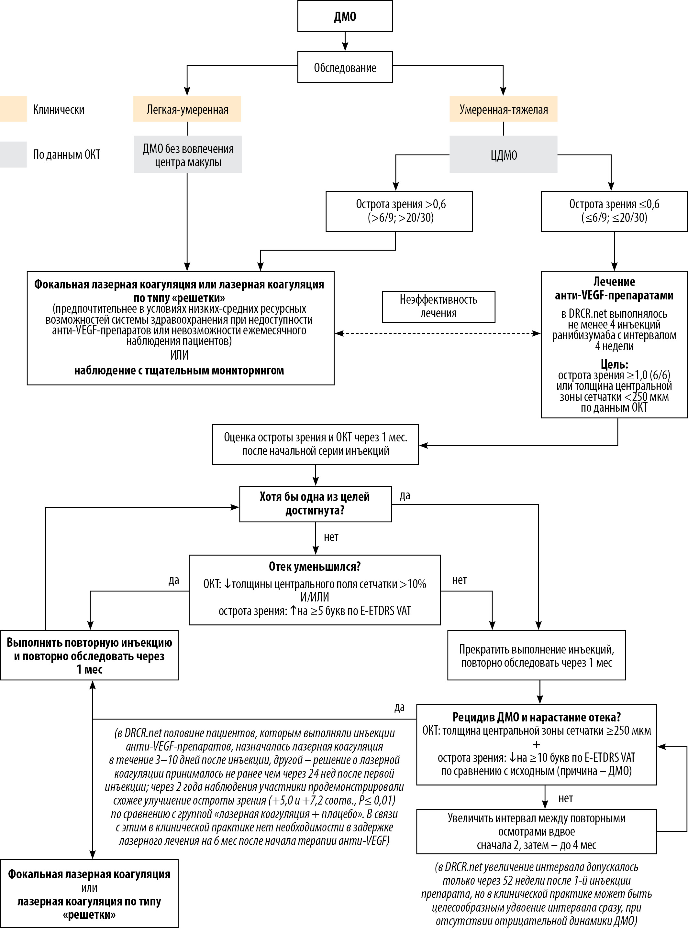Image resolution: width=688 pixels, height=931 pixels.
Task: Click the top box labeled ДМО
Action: tap(345, 16)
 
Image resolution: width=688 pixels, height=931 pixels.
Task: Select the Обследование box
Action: tap(345, 67)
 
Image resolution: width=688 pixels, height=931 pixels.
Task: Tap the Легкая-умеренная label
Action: tap(187, 109)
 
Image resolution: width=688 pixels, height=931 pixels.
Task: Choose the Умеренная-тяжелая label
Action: tap(503, 109)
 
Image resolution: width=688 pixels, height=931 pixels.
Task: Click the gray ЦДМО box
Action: tap(503, 155)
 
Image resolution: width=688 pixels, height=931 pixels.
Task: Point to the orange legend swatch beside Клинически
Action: tap(13, 109)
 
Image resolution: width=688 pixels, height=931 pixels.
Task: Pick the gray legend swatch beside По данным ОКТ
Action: tap(13, 154)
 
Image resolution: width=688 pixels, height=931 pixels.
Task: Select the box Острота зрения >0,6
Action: tap(399, 211)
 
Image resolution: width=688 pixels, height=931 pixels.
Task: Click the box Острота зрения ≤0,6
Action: tap(614, 211)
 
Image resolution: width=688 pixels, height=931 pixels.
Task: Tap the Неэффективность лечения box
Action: tap(438, 306)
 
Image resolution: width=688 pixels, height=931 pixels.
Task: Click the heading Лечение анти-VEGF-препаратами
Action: tap(614, 288)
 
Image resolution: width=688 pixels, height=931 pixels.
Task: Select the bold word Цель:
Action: tap(614, 364)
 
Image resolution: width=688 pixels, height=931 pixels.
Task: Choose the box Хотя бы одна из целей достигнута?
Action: tap(315, 503)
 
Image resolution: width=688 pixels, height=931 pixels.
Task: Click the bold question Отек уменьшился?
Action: tap(315, 567)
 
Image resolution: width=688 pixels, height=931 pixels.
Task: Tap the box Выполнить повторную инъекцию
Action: tap(89, 655)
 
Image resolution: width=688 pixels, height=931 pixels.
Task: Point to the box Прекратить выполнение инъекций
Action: tap(537, 655)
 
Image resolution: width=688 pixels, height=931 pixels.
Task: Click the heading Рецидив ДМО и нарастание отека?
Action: tap(537, 717)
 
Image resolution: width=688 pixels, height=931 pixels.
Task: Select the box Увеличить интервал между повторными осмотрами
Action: tap(537, 831)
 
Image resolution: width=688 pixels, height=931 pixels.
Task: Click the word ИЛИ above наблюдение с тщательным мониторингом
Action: tap(179, 355)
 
